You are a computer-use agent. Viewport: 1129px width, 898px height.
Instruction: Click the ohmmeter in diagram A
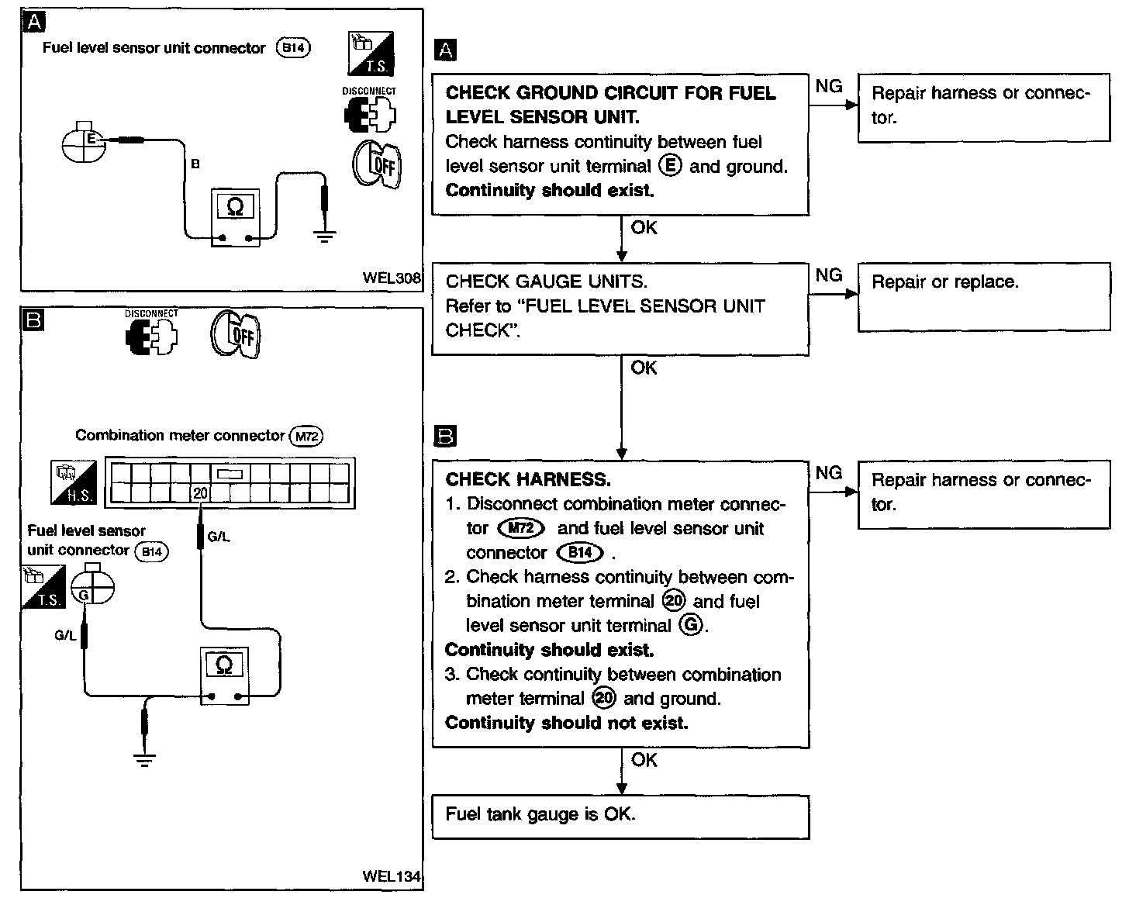coord(235,217)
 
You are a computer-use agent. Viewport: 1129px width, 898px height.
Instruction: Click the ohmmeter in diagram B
coord(225,675)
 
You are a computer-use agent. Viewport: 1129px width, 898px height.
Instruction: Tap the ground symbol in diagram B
coord(144,760)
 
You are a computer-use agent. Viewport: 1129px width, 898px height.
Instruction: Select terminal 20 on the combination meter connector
coord(200,493)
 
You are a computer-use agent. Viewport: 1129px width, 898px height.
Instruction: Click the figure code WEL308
coord(392,278)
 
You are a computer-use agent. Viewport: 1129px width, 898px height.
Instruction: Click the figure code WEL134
coord(392,876)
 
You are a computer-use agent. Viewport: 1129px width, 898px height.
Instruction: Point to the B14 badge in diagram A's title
coord(293,48)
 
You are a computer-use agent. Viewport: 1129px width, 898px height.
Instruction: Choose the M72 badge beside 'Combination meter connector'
coord(306,436)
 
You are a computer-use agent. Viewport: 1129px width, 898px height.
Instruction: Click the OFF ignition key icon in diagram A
coord(377,164)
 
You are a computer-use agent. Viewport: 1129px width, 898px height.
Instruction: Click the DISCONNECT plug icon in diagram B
coord(152,335)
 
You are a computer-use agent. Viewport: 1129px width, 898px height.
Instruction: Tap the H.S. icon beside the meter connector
coord(74,482)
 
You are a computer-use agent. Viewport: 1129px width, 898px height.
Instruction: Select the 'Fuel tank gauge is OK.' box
coord(620,817)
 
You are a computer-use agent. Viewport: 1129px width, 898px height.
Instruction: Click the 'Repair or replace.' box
coord(984,297)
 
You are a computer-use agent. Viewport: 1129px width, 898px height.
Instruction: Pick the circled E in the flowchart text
coord(671,166)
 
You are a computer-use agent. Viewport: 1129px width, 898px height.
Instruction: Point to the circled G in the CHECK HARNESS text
coord(691,624)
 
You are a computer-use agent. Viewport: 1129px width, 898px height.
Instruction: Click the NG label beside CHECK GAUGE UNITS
coord(829,275)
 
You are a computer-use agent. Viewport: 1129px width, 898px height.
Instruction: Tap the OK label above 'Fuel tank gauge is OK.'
coord(644,759)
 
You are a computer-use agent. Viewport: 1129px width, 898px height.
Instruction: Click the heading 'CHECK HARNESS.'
coord(528,479)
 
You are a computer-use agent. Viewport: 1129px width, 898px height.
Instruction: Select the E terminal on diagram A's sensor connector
coord(91,139)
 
